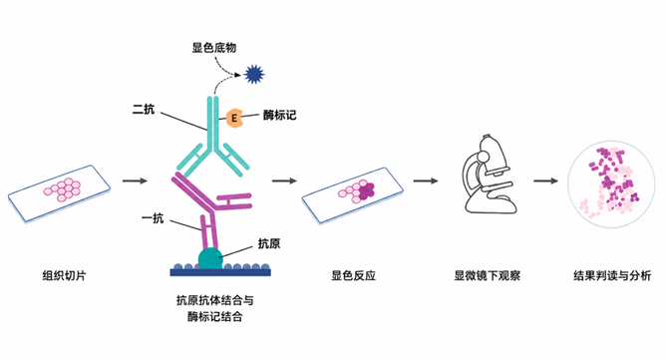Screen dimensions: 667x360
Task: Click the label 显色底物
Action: pyautogui.click(x=214, y=47)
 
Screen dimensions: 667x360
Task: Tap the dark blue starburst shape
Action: pyautogui.click(x=254, y=75)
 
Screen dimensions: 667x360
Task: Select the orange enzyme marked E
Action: pyautogui.click(x=234, y=118)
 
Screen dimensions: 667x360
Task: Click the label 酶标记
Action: pyautogui.click(x=279, y=115)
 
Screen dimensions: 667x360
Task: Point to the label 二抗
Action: pyautogui.click(x=144, y=110)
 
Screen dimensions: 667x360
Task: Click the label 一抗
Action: pyautogui.click(x=153, y=218)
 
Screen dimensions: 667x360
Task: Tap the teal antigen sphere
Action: pyautogui.click(x=210, y=258)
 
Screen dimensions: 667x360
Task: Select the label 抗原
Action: pyautogui.click(x=269, y=243)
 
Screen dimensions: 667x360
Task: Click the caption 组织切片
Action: pyautogui.click(x=64, y=275)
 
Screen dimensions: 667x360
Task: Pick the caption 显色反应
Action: pyautogui.click(x=353, y=275)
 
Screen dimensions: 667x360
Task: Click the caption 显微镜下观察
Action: pyautogui.click(x=488, y=275)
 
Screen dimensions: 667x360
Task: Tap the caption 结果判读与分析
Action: pyautogui.click(x=612, y=275)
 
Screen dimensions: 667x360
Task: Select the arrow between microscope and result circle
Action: pyautogui.click(x=545, y=180)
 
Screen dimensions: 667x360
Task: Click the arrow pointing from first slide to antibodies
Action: pyautogui.click(x=135, y=180)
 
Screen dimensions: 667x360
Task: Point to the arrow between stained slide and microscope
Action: pyautogui.click(x=426, y=180)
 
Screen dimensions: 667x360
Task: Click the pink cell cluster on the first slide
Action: pyautogui.click(x=62, y=189)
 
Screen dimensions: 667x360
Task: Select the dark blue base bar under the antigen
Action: pyautogui.click(x=220, y=272)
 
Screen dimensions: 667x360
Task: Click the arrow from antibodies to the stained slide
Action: pyautogui.click(x=284, y=180)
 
